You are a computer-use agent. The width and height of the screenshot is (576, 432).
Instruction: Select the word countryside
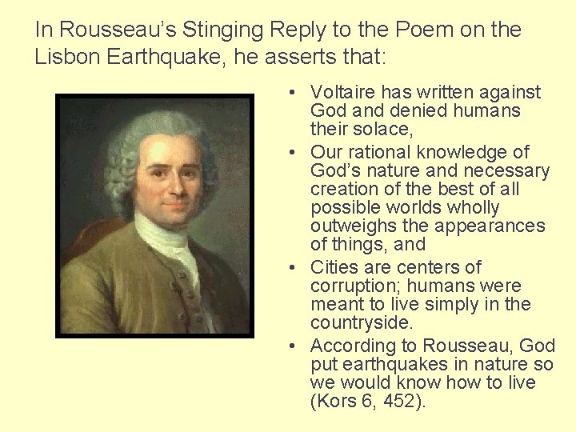point(362,322)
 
